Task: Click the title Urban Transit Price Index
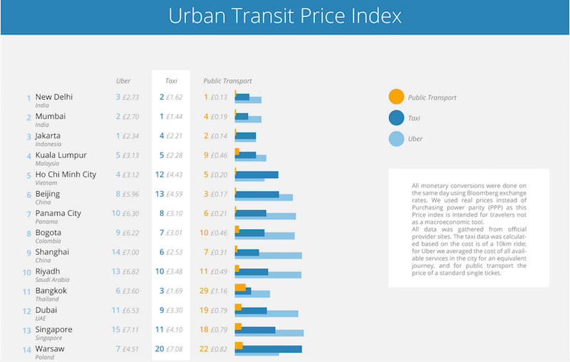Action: pyautogui.click(x=285, y=16)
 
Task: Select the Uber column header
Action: pyautogui.click(x=123, y=81)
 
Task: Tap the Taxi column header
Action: pyautogui.click(x=171, y=81)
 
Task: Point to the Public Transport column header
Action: pyautogui.click(x=227, y=81)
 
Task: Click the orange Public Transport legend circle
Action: pyautogui.click(x=396, y=97)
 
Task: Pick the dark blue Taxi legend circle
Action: pyautogui.click(x=396, y=118)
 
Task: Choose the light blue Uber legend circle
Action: pyautogui.click(x=396, y=138)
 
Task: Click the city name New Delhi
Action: pyautogui.click(x=54, y=97)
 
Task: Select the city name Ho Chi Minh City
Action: pyautogui.click(x=66, y=175)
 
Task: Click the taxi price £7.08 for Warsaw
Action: pyautogui.click(x=175, y=349)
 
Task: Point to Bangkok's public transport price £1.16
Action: pyautogui.click(x=219, y=291)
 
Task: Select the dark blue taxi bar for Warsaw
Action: pyautogui.click(x=271, y=349)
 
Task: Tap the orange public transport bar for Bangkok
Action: pyautogui.click(x=240, y=287)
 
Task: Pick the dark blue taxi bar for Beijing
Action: pyautogui.click(x=258, y=194)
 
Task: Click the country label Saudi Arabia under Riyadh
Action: pyautogui.click(x=52, y=280)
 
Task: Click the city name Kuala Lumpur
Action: pyautogui.click(x=61, y=155)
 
